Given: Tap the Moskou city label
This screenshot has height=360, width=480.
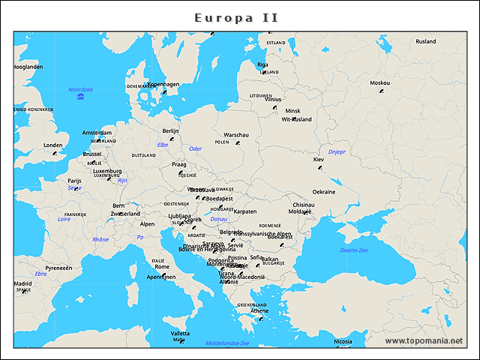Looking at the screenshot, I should point(379,82).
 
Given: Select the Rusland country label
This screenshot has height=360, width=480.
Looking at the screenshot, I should point(425,41).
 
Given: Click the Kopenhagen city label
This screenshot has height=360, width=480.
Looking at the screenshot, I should point(163,84).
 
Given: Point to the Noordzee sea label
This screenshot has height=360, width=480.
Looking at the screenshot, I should point(80,89).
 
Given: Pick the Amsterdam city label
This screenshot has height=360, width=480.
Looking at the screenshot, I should point(97,133).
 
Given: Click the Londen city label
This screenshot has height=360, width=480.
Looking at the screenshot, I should point(53,145).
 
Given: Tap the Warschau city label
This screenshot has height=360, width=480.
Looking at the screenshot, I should point(236,135).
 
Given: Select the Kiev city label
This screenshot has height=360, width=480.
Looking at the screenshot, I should point(318,160).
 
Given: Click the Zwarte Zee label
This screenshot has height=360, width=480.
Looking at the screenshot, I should point(353,250).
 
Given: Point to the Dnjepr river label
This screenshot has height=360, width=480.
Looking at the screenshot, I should point(337,151).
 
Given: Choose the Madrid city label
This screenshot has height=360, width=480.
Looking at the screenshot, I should point(22,283).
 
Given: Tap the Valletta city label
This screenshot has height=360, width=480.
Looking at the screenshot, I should point(180,333).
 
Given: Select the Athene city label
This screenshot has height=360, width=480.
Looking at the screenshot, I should point(259,311).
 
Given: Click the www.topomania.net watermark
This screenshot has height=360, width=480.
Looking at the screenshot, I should point(424,340).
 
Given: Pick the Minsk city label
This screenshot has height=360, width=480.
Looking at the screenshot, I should point(292,111).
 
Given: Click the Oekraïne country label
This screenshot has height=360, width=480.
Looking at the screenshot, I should point(324,192).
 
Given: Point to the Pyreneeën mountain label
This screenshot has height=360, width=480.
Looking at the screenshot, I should point(58,268).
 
